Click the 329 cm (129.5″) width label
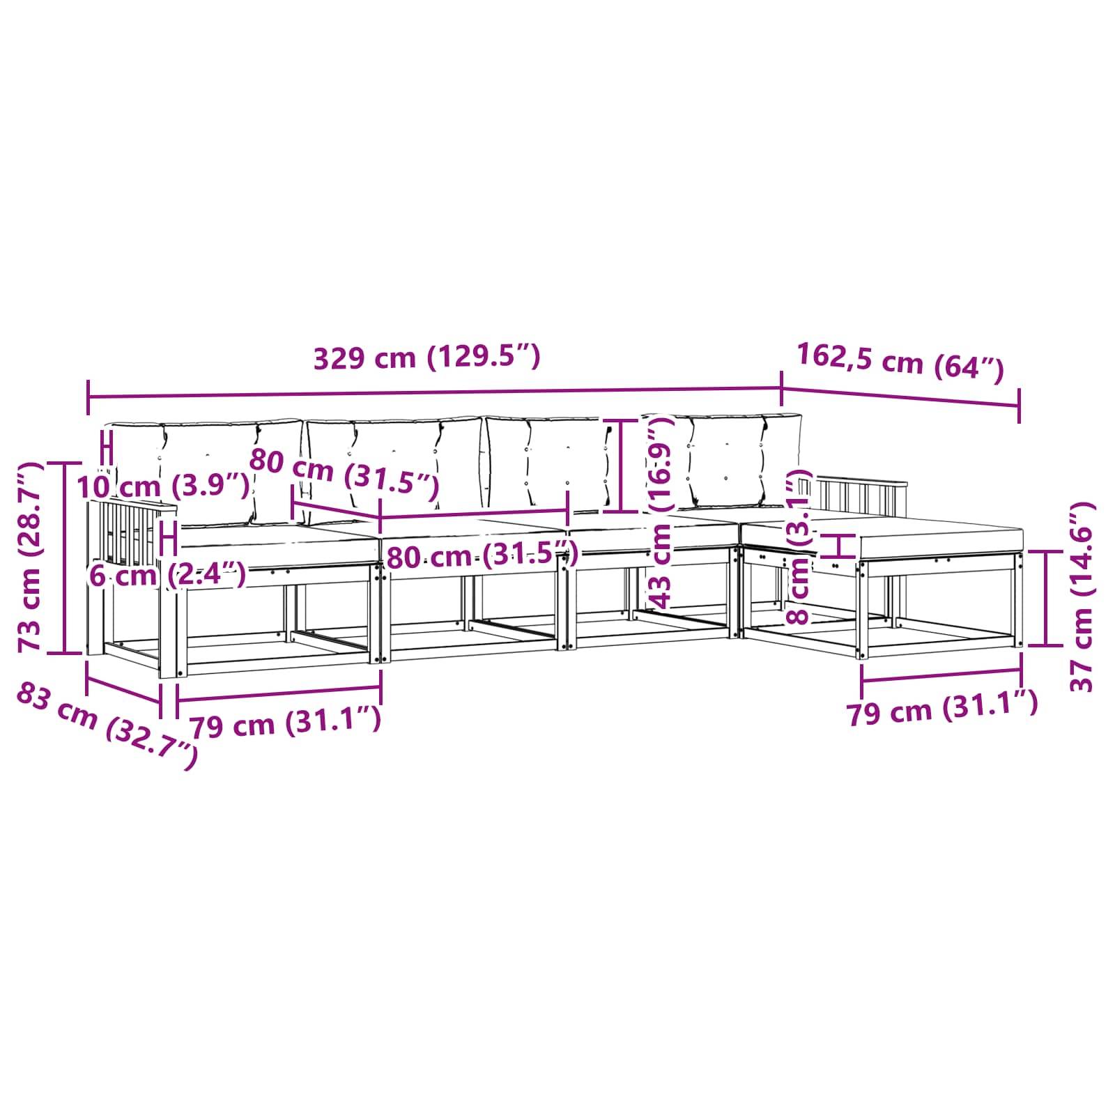(426, 358)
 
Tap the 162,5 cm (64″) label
(900, 362)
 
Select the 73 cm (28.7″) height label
(31, 557)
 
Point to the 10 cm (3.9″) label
(163, 486)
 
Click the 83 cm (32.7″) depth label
(106, 725)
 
